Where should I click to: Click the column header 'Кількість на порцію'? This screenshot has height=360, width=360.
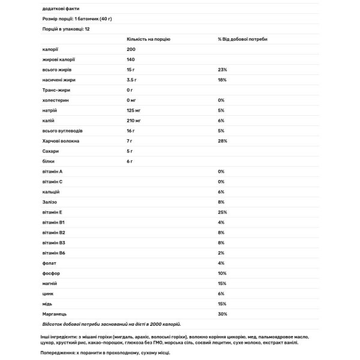coord(148,38)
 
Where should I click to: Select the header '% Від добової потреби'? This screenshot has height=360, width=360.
coord(243,38)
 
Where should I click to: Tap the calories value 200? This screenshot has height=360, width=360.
coord(131,49)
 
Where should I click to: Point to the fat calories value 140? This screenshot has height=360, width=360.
coord(131,59)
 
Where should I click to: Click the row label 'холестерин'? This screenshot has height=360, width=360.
coord(55,100)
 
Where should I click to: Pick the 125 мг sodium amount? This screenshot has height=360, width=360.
coord(134,110)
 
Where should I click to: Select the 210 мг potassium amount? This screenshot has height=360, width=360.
coord(134,121)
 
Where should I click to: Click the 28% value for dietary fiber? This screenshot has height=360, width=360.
coord(223,141)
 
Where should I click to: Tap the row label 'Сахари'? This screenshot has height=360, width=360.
coord(51,151)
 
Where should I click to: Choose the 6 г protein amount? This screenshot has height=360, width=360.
coord(130,161)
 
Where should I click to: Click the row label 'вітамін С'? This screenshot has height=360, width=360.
coord(53,182)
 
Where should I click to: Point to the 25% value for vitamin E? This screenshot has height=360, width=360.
coord(223,212)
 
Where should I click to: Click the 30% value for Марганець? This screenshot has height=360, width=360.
coord(223,314)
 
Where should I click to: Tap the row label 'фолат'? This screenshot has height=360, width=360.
coord(49,263)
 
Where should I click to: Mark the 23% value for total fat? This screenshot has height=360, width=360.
coord(223,70)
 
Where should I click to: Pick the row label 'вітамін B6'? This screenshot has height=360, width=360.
coord(54,253)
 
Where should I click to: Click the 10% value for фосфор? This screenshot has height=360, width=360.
coord(223,274)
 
